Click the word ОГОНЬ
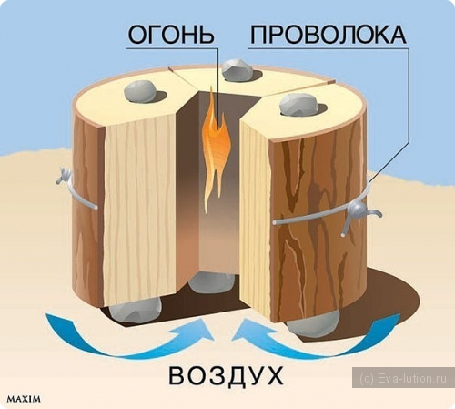pyautogui.click(x=171, y=35)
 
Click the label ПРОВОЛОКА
pyautogui.click(x=329, y=35)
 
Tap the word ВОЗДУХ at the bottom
pyautogui.click(x=226, y=376)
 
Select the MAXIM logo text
pyautogui.click(x=24, y=399)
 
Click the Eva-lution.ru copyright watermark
pyautogui.click(x=403, y=378)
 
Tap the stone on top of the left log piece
pyautogui.click(x=140, y=91)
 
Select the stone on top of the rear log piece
pyautogui.click(x=238, y=71)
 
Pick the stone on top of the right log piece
pyautogui.click(x=299, y=105)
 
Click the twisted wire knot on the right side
pyautogui.click(x=359, y=211)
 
